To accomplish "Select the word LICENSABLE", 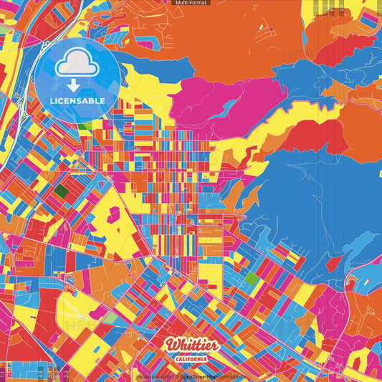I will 77,101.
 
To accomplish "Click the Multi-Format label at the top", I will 191,4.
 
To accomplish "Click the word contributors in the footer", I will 229,376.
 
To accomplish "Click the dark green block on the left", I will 62,191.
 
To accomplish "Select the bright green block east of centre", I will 250,277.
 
